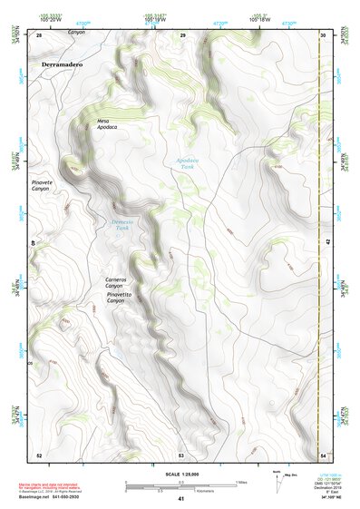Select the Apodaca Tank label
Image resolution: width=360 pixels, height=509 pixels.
pos(186,163)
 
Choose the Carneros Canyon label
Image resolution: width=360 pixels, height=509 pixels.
pos(121,283)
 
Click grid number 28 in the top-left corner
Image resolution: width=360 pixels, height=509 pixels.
pos(39,35)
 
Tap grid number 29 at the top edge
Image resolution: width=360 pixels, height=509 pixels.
pos(182,35)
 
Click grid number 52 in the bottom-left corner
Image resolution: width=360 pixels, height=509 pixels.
pos(39,454)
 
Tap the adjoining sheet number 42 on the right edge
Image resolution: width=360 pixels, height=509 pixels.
pos(331,243)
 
